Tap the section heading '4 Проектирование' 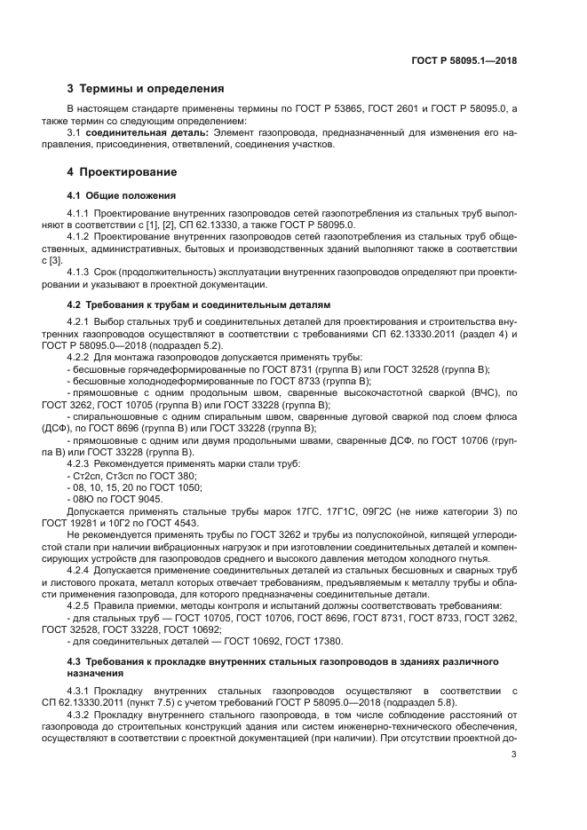pyautogui.click(x=123, y=171)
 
